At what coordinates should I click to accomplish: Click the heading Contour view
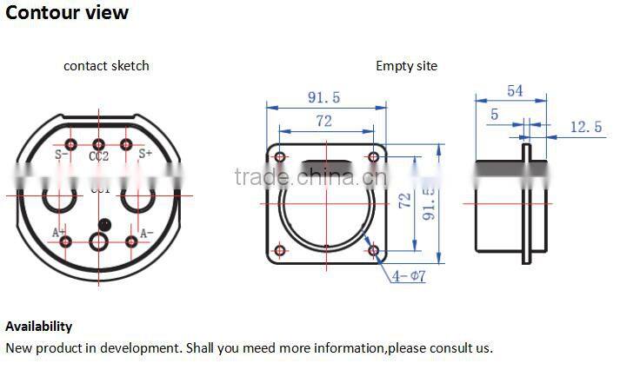pyautogui.click(x=68, y=13)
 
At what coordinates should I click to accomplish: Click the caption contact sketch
pyautogui.click(x=106, y=66)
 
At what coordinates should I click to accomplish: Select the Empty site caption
pyautogui.click(x=406, y=66)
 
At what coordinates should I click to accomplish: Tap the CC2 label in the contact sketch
pyautogui.click(x=98, y=157)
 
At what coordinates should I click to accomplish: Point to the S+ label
pyautogui.click(x=146, y=154)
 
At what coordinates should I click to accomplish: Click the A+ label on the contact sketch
pyautogui.click(x=59, y=232)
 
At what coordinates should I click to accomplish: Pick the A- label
pyautogui.click(x=146, y=232)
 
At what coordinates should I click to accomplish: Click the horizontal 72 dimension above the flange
pyautogui.click(x=323, y=122)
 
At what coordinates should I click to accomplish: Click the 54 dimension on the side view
pyautogui.click(x=514, y=91)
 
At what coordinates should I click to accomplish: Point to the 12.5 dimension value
pyautogui.click(x=585, y=127)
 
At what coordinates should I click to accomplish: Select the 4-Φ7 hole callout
pyautogui.click(x=408, y=276)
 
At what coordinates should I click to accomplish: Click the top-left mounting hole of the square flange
pyautogui.click(x=279, y=157)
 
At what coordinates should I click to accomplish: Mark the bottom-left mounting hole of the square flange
pyautogui.click(x=279, y=251)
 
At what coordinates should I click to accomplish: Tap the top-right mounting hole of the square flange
pyautogui.click(x=374, y=157)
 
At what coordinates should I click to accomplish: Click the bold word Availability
pyautogui.click(x=39, y=327)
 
